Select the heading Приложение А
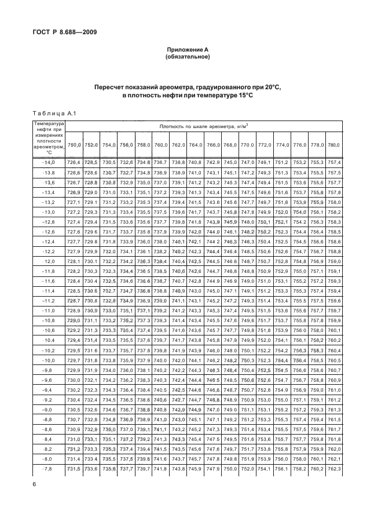pos(187,50)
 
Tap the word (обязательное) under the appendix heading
pos(187,57)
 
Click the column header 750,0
pos(74,145)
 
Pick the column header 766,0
pos(212,145)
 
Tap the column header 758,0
pos(144,145)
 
